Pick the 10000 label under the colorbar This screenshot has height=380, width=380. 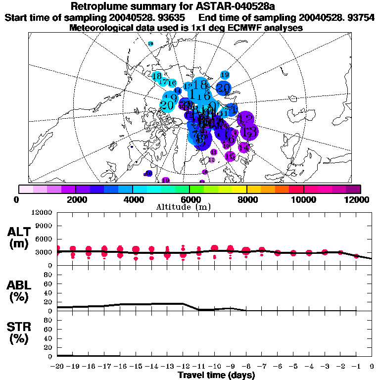[304, 199]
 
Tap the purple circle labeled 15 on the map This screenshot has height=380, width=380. [230, 156]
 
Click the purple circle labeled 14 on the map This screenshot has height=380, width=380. [243, 147]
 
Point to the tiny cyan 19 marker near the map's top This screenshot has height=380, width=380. [150, 44]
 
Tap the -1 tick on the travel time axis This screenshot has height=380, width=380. [356, 367]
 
